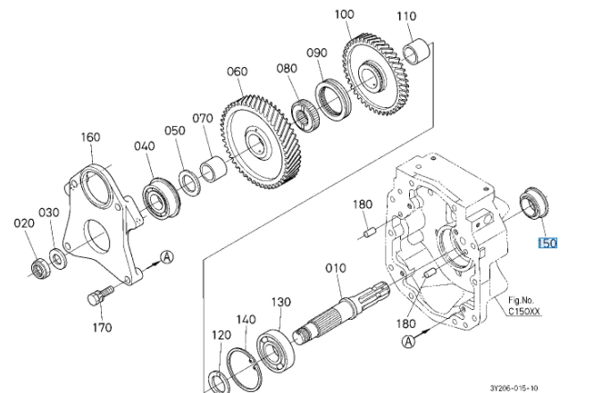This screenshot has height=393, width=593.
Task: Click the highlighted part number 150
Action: pos(547,243)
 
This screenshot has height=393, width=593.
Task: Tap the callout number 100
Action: pos(344,14)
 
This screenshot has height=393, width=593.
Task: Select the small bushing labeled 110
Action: pos(417,52)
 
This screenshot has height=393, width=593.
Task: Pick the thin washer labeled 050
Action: pos(188,183)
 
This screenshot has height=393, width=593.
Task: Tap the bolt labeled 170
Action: pos(100,295)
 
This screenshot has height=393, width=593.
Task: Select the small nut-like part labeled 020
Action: pos(40,268)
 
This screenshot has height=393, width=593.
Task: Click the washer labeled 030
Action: pos(58,259)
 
